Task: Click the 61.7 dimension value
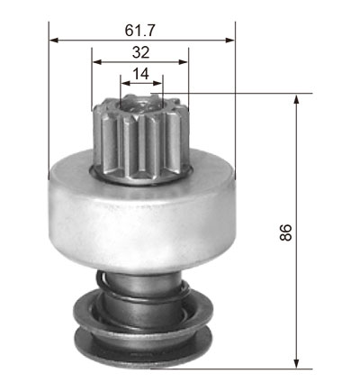point(139,31)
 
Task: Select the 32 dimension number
point(140,52)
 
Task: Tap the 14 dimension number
point(140,74)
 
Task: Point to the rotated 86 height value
point(285,232)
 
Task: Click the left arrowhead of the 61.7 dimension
point(54,41)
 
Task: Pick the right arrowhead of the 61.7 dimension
point(230,41)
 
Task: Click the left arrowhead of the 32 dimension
point(97,62)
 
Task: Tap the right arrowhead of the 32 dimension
point(184,62)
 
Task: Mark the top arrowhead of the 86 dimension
point(296,99)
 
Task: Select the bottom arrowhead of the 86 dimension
point(296,363)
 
